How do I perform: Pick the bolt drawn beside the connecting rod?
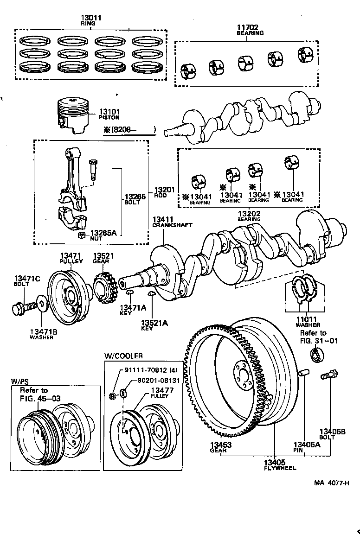[92, 170]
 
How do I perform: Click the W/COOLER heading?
[123, 356]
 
